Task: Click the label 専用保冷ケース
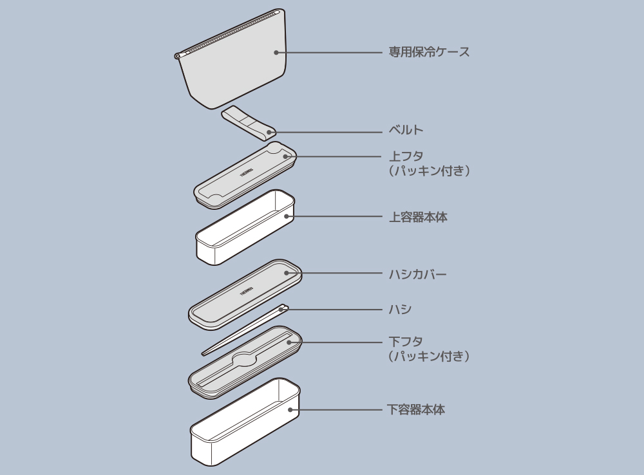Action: (429, 52)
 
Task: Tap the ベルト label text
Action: (406, 130)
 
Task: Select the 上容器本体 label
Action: (418, 217)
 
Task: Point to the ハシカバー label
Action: (417, 274)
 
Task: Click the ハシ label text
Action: (400, 310)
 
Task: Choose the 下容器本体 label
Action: (415, 409)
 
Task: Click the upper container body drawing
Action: (245, 228)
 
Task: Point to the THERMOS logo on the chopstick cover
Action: (247, 290)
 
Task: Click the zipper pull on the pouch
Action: (178, 57)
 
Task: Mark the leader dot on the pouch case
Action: (276, 52)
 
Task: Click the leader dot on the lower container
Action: (290, 409)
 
